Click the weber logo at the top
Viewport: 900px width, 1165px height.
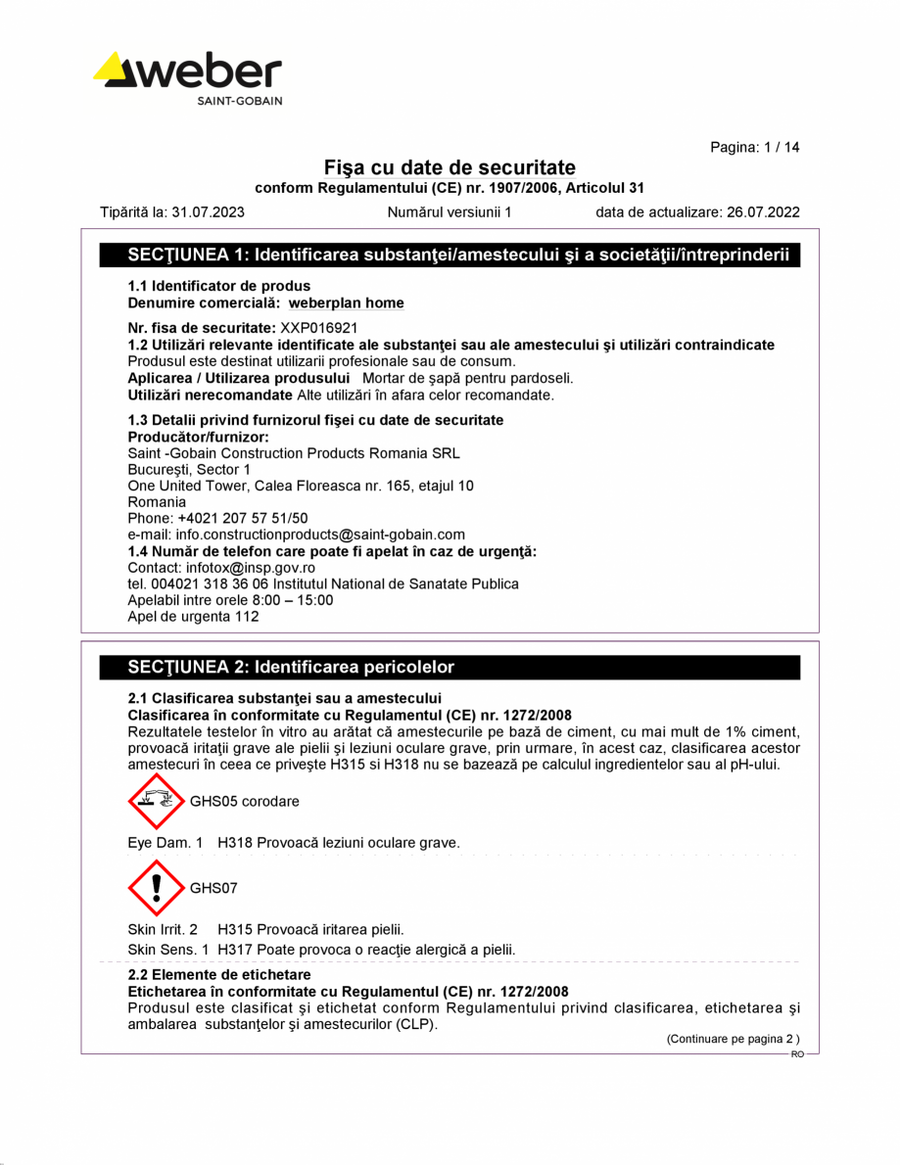coord(188,77)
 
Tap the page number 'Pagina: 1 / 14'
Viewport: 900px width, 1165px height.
coord(754,147)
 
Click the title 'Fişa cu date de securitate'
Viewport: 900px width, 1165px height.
coord(450,167)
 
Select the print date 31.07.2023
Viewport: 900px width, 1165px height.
coord(208,211)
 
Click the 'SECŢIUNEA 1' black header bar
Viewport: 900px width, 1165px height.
coord(450,256)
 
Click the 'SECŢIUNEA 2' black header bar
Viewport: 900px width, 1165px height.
coord(450,668)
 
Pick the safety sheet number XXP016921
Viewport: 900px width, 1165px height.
coord(319,329)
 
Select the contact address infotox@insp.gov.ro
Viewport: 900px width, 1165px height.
coord(250,568)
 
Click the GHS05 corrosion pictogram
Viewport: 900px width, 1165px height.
coord(156,800)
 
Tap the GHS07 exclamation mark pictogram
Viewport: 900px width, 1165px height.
coord(156,887)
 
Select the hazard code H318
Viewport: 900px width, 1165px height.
coord(233,842)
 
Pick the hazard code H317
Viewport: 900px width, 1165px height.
coord(233,950)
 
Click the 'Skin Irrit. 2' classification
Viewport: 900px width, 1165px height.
coord(163,929)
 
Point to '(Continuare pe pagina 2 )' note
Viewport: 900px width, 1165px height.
coord(734,1039)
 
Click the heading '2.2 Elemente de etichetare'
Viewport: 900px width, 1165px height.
coord(219,975)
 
